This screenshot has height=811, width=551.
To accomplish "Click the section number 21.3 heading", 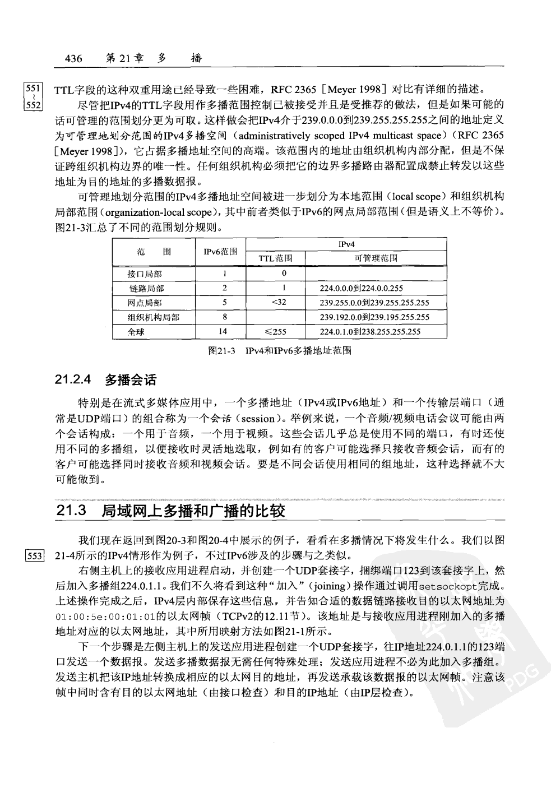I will point(72,511).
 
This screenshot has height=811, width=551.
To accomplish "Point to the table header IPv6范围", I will point(220,252).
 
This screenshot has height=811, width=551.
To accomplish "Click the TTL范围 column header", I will point(275,258).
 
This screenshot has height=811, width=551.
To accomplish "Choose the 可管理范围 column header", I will point(376,258).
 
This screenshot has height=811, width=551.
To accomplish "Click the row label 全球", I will point(136,332).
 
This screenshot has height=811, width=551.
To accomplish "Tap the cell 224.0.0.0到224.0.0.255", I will point(361,289).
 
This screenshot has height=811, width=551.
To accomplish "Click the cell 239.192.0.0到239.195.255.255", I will point(374,317).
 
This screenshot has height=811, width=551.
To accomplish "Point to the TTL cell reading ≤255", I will point(275,332).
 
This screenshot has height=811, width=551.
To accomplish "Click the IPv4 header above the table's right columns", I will point(346,244).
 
